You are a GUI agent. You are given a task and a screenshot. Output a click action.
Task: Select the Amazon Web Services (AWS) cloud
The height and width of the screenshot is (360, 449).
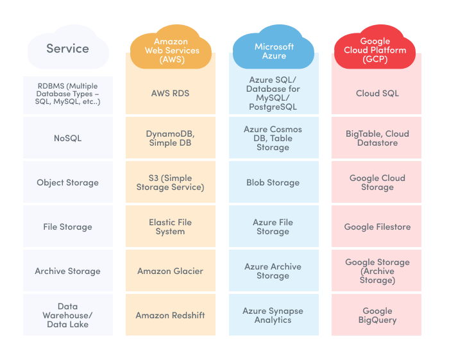(170, 50)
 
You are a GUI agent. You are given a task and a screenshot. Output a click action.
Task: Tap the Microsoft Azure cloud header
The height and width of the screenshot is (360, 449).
(274, 51)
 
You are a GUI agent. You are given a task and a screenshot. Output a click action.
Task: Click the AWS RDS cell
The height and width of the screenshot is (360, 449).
(170, 94)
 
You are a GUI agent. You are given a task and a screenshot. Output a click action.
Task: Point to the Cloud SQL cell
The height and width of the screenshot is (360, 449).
(377, 94)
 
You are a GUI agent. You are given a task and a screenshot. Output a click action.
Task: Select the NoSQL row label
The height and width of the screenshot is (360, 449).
(67, 138)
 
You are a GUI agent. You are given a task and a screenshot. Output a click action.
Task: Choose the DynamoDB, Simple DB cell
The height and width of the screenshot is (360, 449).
(170, 138)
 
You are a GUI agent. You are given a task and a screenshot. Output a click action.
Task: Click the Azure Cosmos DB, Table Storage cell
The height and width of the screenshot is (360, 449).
(273, 138)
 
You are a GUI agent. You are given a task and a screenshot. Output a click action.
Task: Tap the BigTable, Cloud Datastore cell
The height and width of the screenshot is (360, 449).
(377, 138)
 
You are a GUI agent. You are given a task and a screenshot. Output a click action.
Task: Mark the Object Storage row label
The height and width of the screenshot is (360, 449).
(67, 182)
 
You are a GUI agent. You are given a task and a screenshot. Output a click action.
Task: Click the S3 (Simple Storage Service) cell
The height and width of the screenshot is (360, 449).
(170, 182)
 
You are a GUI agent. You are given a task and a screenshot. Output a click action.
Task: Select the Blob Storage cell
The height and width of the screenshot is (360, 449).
(273, 182)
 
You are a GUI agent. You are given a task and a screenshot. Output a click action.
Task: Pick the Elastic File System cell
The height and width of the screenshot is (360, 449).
(170, 227)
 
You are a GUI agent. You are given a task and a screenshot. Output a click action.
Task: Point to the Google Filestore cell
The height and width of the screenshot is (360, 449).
(377, 227)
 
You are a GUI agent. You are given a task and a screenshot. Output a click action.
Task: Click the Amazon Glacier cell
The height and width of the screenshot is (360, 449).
(170, 271)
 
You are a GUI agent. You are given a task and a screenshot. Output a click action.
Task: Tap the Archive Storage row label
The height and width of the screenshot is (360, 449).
(67, 271)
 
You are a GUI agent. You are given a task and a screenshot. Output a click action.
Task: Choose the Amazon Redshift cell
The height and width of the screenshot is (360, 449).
(170, 315)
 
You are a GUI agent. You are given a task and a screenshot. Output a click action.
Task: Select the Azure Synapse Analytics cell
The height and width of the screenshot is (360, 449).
(273, 315)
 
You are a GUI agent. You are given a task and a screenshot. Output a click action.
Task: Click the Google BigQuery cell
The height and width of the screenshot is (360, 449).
(377, 315)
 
